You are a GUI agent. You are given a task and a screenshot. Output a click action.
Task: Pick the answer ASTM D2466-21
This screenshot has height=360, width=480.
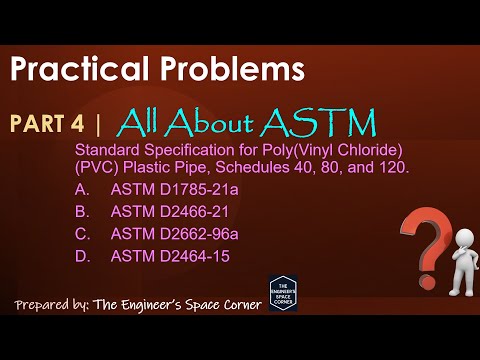(x=169, y=211)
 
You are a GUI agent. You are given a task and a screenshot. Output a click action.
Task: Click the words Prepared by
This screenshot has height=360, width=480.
(x=52, y=303)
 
